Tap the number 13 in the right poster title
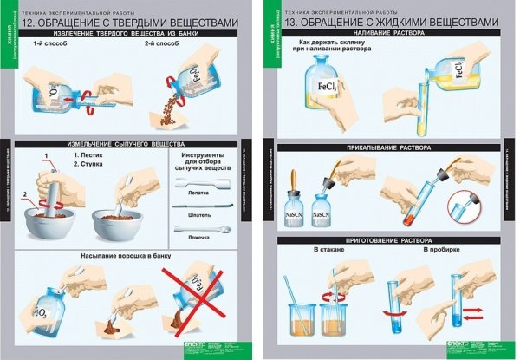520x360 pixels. coord(300,23)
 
